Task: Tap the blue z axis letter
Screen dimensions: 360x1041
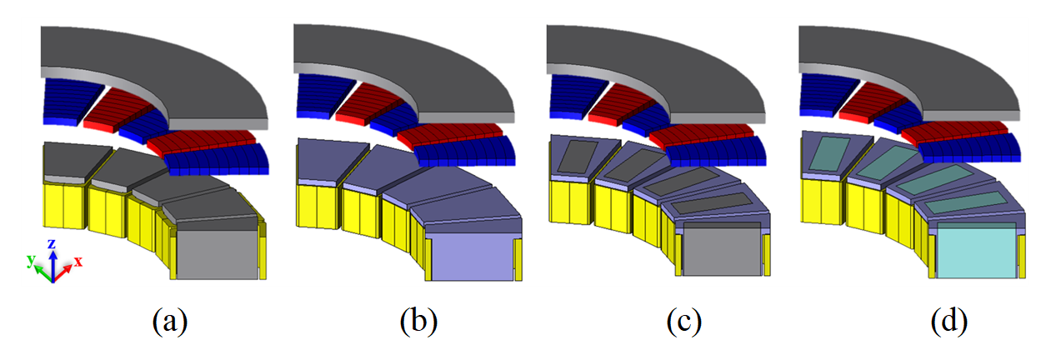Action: (52, 243)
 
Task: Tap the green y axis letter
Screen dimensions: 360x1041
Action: (31, 260)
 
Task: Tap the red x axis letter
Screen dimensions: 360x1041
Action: (78, 261)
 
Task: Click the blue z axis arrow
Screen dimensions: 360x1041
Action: (53, 264)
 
